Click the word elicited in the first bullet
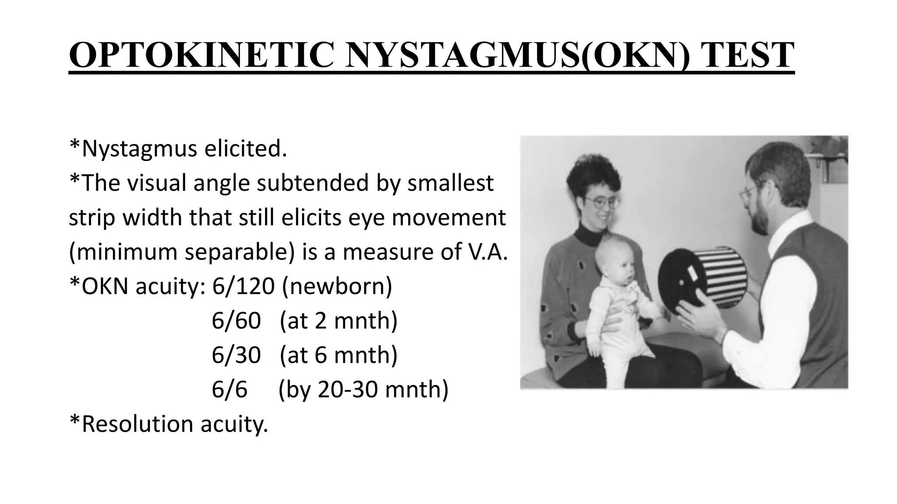tap(245, 149)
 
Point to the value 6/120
tap(243, 287)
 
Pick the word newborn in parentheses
tap(337, 287)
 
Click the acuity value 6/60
tap(236, 321)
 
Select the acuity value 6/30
tap(236, 355)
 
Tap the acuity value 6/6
tap(229, 389)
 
